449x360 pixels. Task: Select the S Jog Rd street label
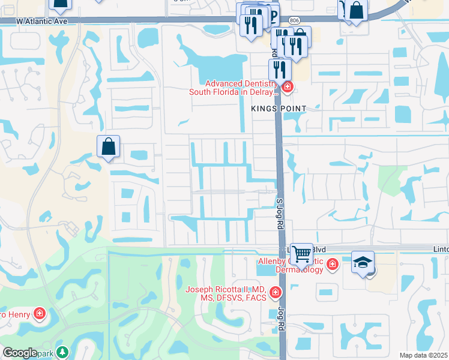pos(279,214)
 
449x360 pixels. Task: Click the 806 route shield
pos(294,20)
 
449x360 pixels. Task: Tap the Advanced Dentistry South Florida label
pos(234,88)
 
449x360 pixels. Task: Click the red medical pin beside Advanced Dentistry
pos(287,88)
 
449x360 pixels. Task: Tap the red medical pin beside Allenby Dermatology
pos(332,263)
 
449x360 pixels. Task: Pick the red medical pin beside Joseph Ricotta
pos(275,293)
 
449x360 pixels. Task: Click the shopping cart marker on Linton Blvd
pos(301,253)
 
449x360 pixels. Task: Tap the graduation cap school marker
pos(363,262)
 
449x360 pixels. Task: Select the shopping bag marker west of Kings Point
pos(109,146)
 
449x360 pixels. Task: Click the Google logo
pos(20,353)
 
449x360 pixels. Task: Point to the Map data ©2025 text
pos(423,355)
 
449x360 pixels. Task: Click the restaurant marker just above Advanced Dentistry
pos(280,68)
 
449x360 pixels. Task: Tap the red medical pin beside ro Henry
pos(40,314)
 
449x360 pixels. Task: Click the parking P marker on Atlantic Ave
pos(272,16)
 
